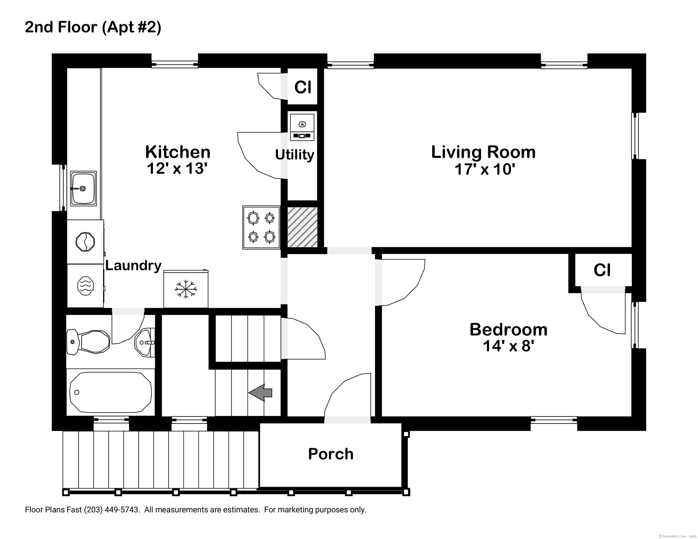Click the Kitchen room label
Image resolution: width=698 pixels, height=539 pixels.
click(x=178, y=152)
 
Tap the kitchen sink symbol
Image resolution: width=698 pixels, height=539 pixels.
click(x=83, y=189)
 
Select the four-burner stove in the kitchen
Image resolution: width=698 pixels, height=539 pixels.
click(x=261, y=227)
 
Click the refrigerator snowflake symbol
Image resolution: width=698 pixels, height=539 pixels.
click(x=186, y=289)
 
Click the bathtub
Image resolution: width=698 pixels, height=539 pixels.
click(x=110, y=392)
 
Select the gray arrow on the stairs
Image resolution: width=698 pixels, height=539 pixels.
click(x=261, y=393)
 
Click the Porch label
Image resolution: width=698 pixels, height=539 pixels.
click(x=331, y=454)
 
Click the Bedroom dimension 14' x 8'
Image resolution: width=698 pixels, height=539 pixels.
click(x=508, y=346)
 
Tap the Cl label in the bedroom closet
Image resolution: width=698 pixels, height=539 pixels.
click(x=602, y=270)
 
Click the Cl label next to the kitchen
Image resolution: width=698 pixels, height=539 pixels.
click(x=302, y=87)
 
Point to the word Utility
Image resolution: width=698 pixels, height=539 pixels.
click(x=294, y=155)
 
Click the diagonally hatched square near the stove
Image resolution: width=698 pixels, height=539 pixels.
click(x=302, y=227)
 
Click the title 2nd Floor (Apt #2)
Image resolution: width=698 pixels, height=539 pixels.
click(x=93, y=27)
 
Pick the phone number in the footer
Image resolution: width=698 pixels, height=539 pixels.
click(x=112, y=510)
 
